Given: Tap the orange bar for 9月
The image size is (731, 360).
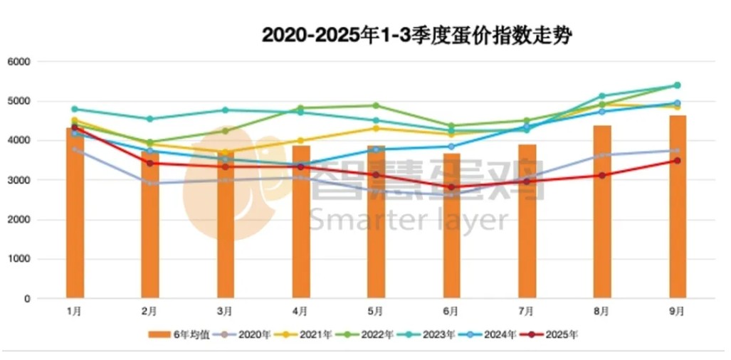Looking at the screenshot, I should pos(678,206).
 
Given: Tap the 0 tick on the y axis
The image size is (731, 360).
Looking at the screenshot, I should pos(26,299).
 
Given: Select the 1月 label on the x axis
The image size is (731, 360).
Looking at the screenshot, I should pos(74,311).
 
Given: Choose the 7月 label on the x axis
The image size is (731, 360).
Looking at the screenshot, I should pos(527,311).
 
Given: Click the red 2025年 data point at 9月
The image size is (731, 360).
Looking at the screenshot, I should pos(678,161).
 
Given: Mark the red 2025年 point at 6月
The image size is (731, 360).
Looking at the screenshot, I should pos(451,187).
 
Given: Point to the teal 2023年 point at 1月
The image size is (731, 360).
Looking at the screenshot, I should pos(74,109).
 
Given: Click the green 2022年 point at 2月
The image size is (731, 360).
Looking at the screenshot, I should pos(149,142).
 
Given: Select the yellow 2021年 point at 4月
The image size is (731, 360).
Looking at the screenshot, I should pos(300,141).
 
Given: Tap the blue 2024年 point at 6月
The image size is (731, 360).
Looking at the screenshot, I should pos(451,147).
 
